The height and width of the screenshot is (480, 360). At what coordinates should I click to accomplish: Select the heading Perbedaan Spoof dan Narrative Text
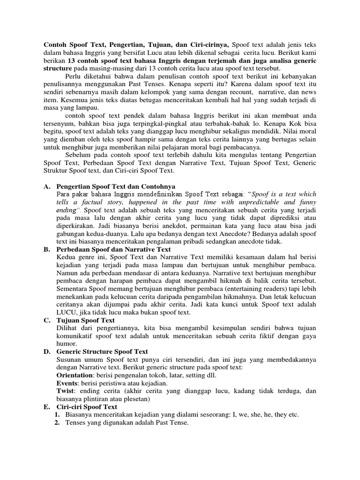point(113,249)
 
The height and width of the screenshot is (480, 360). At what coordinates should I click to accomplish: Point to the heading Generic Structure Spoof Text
point(102,352)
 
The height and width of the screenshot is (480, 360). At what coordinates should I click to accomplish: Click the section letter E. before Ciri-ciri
point(47,407)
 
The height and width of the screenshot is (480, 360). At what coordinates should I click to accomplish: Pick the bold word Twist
point(65,391)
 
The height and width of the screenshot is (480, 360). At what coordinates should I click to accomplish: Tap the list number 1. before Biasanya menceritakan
point(57,415)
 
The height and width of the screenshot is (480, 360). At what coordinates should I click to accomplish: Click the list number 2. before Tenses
point(57,423)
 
